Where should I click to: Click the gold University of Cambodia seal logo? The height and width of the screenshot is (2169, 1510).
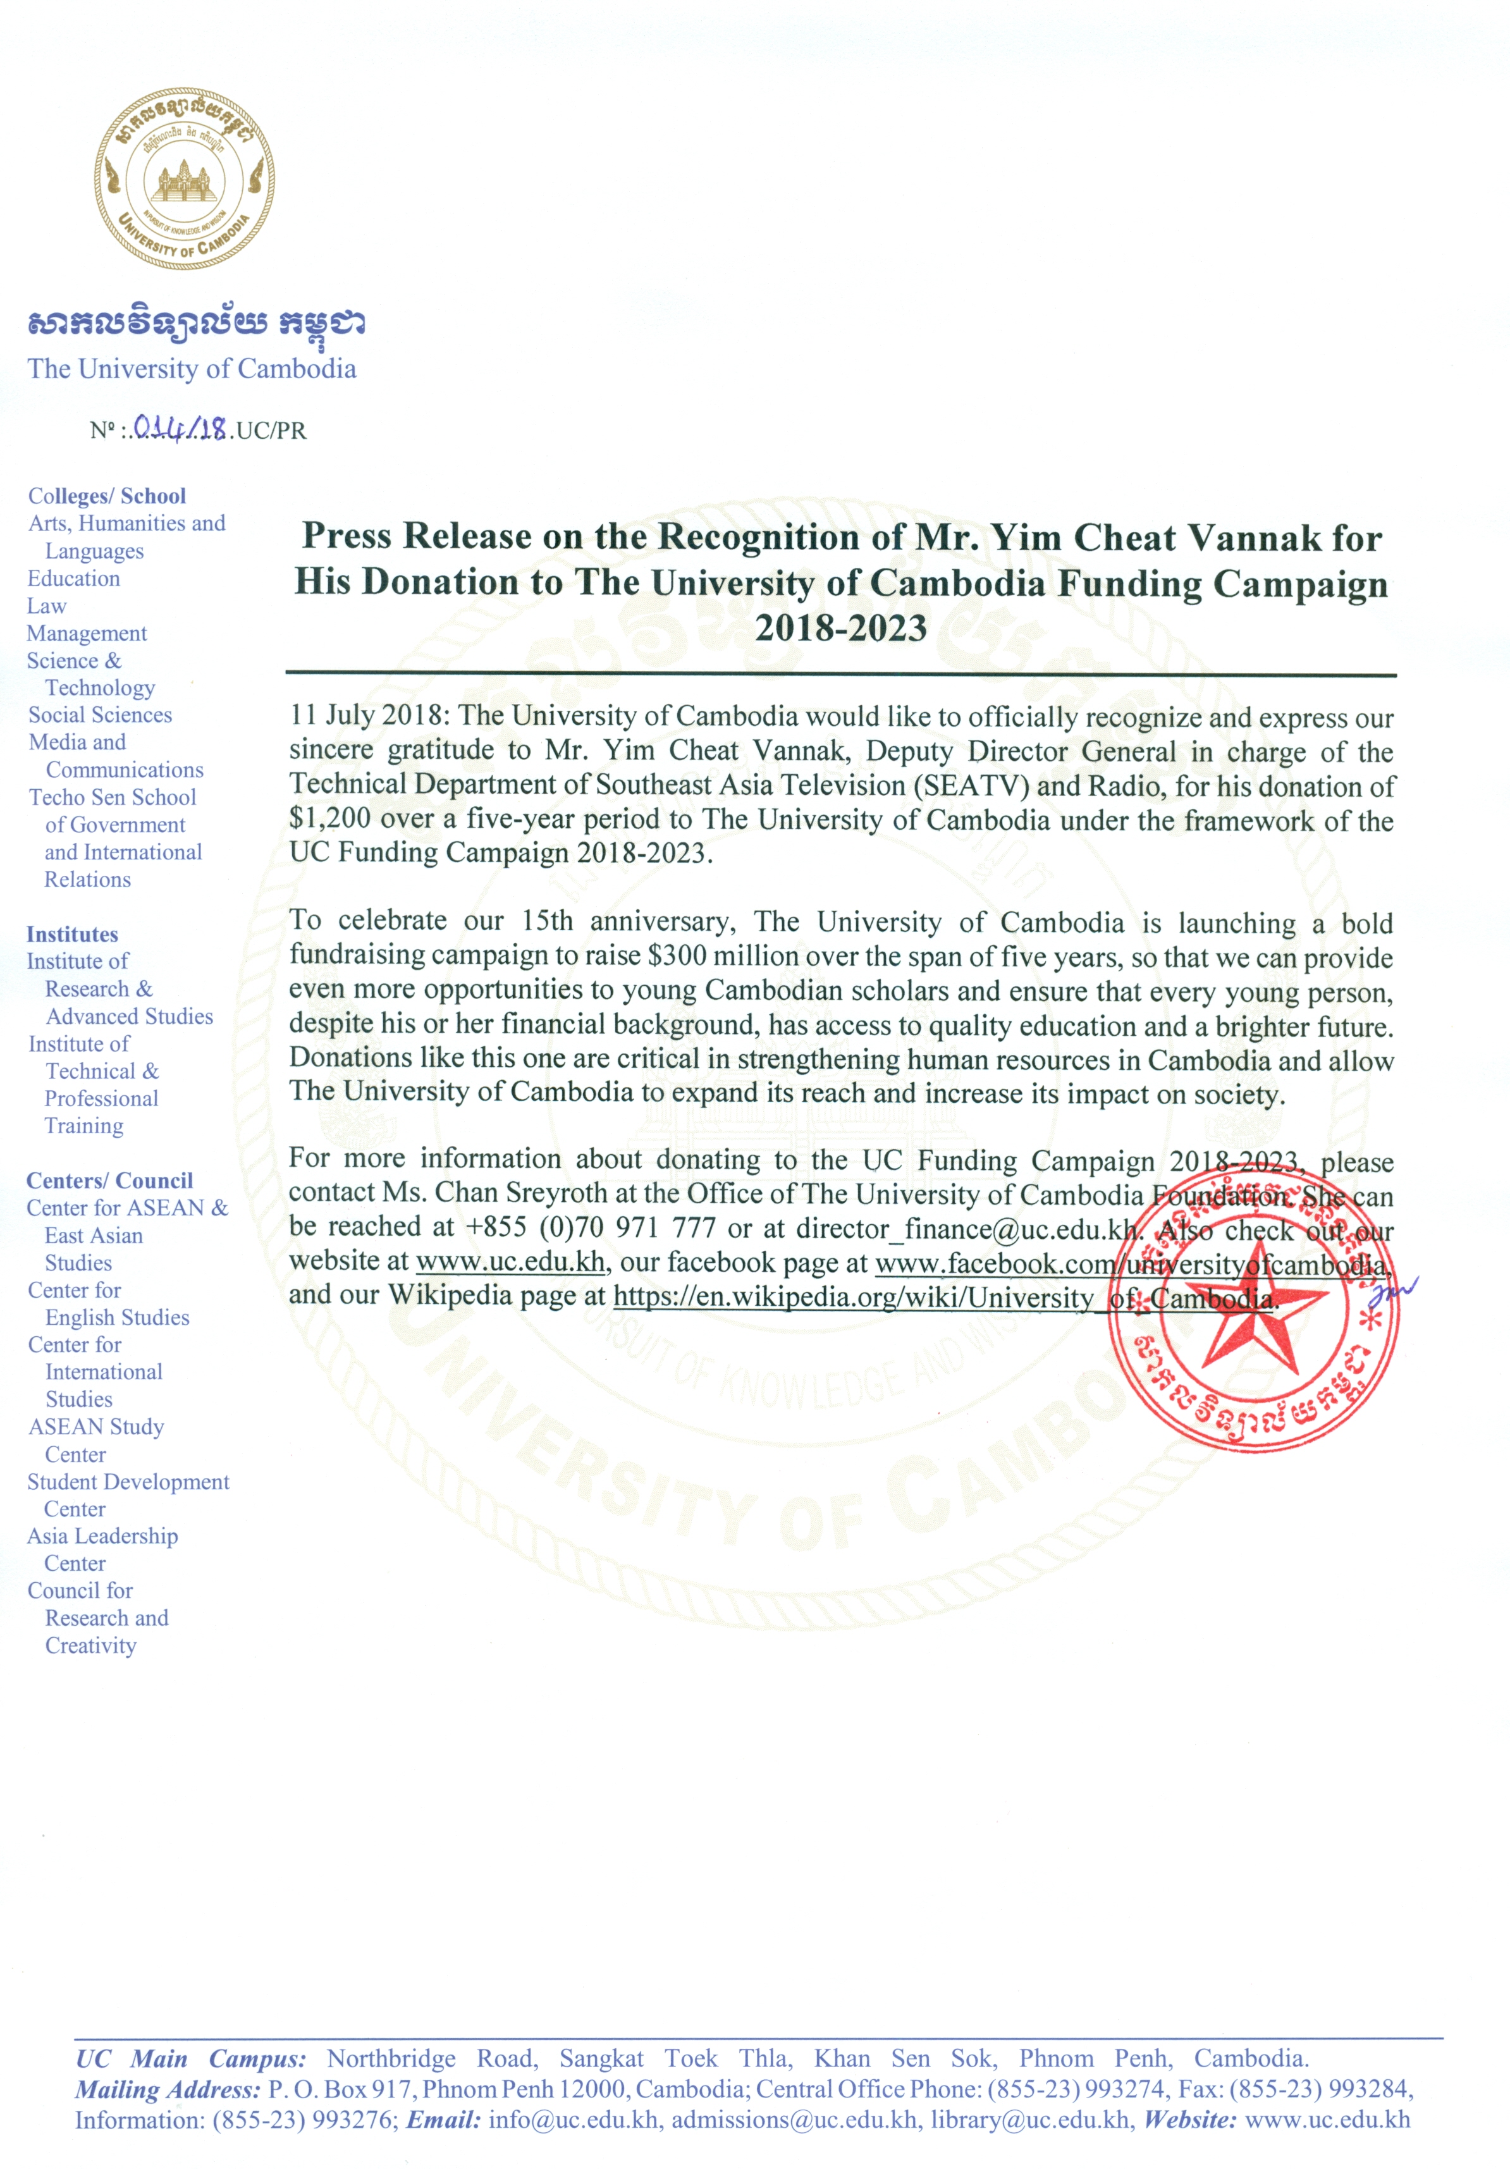tap(184, 178)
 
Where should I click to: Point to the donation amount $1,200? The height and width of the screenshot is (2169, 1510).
tap(330, 818)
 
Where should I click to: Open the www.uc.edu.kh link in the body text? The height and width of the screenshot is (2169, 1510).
tap(510, 1262)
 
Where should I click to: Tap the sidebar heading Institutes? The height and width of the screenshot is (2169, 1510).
tap(73, 934)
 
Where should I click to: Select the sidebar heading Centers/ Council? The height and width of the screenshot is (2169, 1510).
tap(109, 1181)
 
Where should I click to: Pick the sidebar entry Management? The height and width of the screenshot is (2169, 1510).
tap(87, 633)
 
